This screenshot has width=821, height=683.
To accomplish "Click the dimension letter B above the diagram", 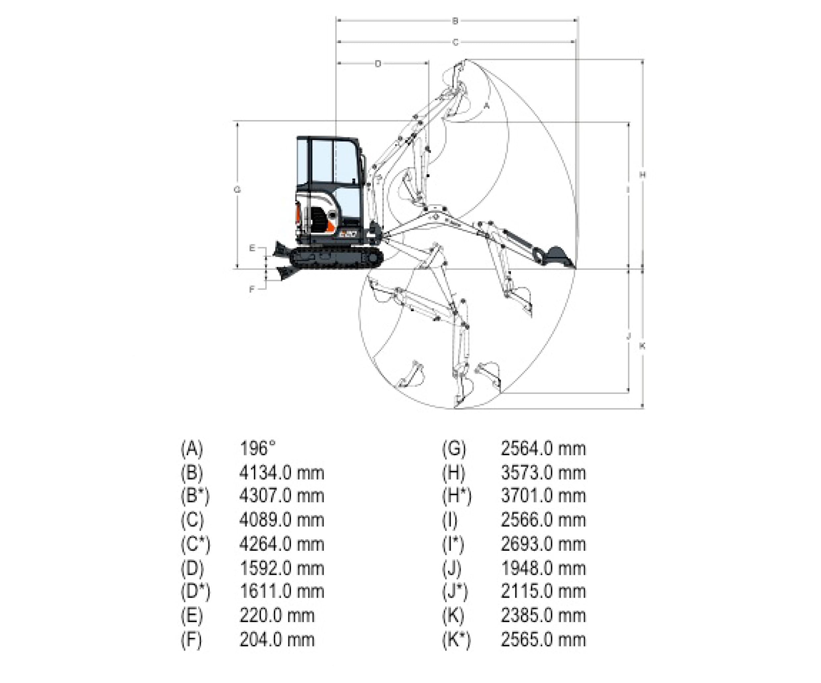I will click(455, 21).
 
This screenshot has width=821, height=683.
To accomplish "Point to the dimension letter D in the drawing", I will click(378, 64).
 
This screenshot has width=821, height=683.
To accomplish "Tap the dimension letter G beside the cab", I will click(237, 190).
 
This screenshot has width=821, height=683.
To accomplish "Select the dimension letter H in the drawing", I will click(642, 175).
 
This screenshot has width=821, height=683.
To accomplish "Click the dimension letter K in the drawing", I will click(642, 346).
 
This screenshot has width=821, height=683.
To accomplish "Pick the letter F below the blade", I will click(252, 289).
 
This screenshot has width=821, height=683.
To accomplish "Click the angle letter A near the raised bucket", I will click(487, 106).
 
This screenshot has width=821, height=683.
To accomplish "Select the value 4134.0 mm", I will click(282, 473).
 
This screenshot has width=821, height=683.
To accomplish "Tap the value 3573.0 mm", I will click(543, 473).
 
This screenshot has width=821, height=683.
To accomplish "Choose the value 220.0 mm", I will click(277, 616).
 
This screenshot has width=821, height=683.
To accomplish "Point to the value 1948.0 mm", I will click(543, 569).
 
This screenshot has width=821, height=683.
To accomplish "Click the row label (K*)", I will click(456, 640).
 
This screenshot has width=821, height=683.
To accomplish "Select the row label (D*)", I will click(195, 592).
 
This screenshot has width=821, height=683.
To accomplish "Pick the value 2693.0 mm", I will click(543, 544).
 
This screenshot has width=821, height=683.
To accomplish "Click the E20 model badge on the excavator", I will click(347, 234).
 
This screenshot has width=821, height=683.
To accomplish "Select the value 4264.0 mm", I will click(282, 544).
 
